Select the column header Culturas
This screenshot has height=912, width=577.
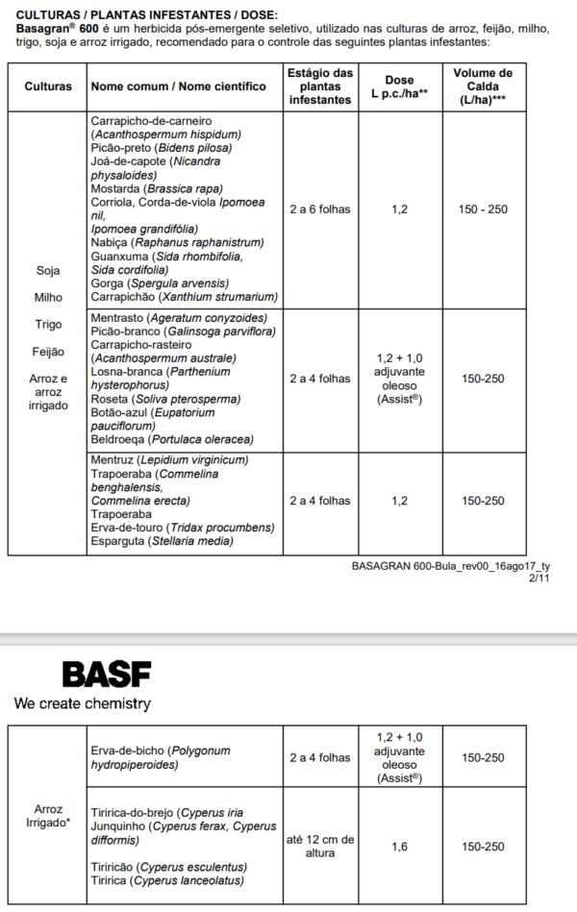[x=48, y=86]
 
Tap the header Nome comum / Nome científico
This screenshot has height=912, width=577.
[x=178, y=86]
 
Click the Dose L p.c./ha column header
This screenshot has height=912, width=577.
[x=399, y=86]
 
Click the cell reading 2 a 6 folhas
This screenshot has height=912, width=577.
[x=320, y=210]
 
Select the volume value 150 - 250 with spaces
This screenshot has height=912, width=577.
[x=484, y=210]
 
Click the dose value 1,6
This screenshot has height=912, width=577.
[x=399, y=847]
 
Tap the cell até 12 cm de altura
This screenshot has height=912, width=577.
[x=320, y=847]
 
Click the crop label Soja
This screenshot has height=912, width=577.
[x=48, y=271]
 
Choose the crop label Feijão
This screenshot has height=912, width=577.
[x=48, y=352]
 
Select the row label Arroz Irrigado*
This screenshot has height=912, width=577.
[x=48, y=815]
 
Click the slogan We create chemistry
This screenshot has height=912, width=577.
[x=83, y=704]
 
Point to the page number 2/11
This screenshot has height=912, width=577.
[x=539, y=579]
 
